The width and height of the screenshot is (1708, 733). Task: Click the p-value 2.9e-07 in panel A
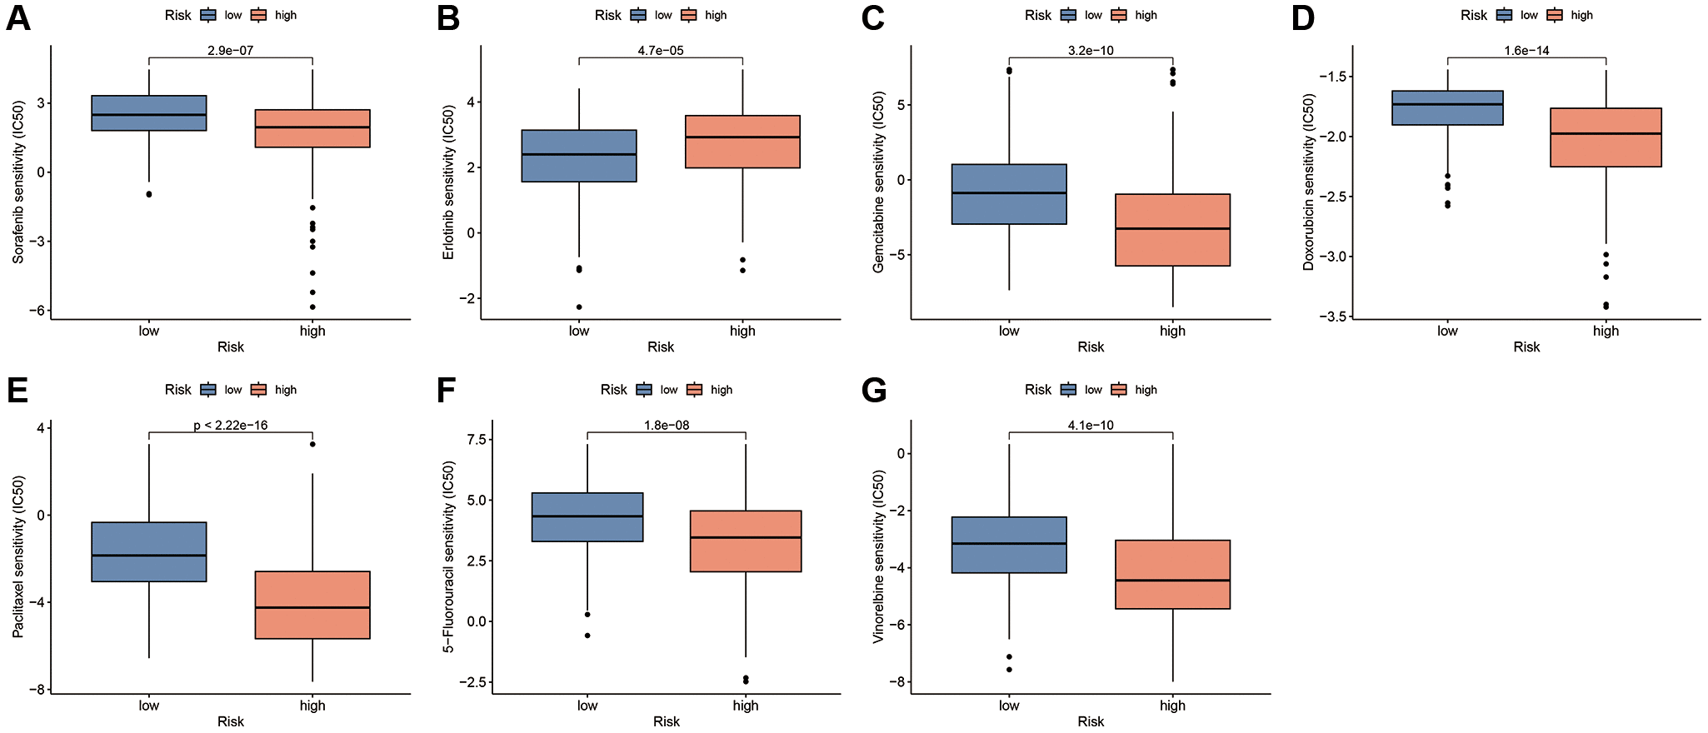coord(230,51)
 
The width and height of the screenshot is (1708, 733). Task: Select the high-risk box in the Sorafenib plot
coord(312,128)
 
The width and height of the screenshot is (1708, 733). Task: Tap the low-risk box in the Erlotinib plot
coord(579,156)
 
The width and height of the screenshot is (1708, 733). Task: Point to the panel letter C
coord(872,18)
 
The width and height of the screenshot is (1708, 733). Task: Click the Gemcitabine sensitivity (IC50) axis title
coord(878,182)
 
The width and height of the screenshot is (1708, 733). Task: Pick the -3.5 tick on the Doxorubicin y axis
coord(1332,317)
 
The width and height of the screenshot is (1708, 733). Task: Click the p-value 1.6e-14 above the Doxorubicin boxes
coord(1526,51)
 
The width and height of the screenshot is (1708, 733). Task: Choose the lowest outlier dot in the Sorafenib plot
coord(312,307)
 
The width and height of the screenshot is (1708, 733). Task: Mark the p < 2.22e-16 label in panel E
coord(230,426)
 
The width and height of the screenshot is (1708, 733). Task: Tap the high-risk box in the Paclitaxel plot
coord(312,605)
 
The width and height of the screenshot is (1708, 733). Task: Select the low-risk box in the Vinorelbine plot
coord(1009,545)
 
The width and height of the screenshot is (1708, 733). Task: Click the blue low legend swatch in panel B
coord(639,15)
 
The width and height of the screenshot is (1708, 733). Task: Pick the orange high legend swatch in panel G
coord(1119,390)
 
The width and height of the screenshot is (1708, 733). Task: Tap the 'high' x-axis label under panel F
coord(746,706)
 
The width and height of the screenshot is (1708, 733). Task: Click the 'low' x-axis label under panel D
coord(1447,331)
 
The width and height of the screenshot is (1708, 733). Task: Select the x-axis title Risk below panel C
coord(1090,347)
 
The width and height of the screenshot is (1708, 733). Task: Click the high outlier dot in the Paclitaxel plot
coord(312,444)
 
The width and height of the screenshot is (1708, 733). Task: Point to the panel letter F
coord(447,391)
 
